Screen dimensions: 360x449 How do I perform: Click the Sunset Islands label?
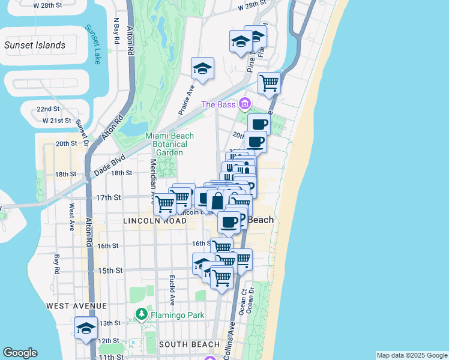(x=35, y=45)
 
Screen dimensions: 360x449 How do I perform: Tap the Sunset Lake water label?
(x=93, y=44)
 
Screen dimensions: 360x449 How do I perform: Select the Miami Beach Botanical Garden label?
(x=166, y=144)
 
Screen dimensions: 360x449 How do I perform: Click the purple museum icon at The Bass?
(x=244, y=104)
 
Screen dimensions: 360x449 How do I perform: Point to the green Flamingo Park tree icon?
(x=141, y=314)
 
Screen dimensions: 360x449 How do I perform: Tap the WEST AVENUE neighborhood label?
(x=71, y=306)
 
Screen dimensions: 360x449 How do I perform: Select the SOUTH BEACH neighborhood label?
(x=185, y=344)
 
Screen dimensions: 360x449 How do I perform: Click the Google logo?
(x=20, y=353)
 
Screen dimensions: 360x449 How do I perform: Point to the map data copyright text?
(x=411, y=355)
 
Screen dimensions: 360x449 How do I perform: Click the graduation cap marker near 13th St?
(x=86, y=328)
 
